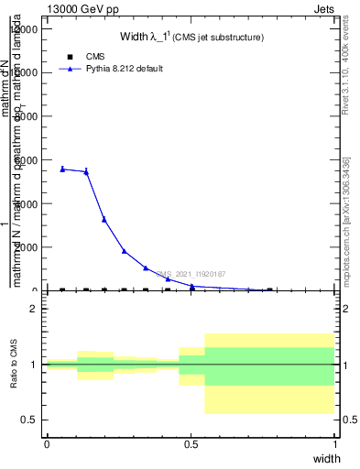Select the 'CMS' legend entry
pos(95,57)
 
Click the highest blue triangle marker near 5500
pos(62,169)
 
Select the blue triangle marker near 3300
pos(104,219)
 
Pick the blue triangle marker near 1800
pos(124,251)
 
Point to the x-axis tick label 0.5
pos(191,445)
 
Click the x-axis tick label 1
pos(335,445)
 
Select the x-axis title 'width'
pos(325,458)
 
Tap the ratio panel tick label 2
pos(34,310)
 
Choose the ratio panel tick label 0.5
pos(30,420)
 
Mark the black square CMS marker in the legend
pos(70,57)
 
